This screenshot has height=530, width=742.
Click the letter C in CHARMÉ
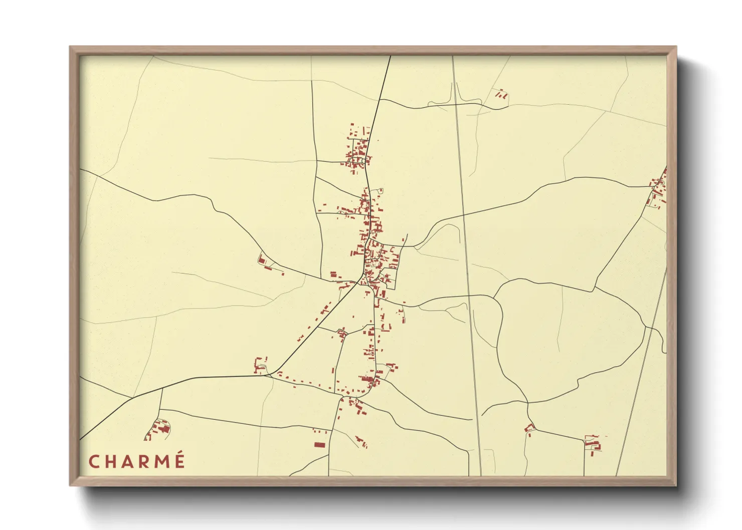93,461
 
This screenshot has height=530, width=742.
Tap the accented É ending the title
179,460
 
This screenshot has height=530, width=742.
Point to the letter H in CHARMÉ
110,461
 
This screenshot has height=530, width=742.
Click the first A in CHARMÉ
127,461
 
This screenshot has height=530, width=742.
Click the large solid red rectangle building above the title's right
319,444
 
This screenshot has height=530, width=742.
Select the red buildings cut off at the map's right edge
659,189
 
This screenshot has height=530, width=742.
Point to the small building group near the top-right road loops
501,94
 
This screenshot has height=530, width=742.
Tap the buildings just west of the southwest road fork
260,366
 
